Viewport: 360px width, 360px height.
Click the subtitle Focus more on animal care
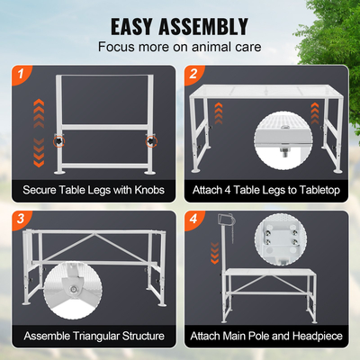point(180,46)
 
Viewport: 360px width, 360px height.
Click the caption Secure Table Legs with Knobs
point(93,190)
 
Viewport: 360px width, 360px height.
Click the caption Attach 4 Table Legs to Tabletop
point(267,190)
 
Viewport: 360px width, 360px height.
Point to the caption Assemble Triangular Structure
point(93,336)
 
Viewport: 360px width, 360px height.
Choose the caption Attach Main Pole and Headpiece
point(267,336)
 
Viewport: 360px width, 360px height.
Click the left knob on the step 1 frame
point(59,141)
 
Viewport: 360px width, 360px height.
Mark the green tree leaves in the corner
point(335,27)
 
